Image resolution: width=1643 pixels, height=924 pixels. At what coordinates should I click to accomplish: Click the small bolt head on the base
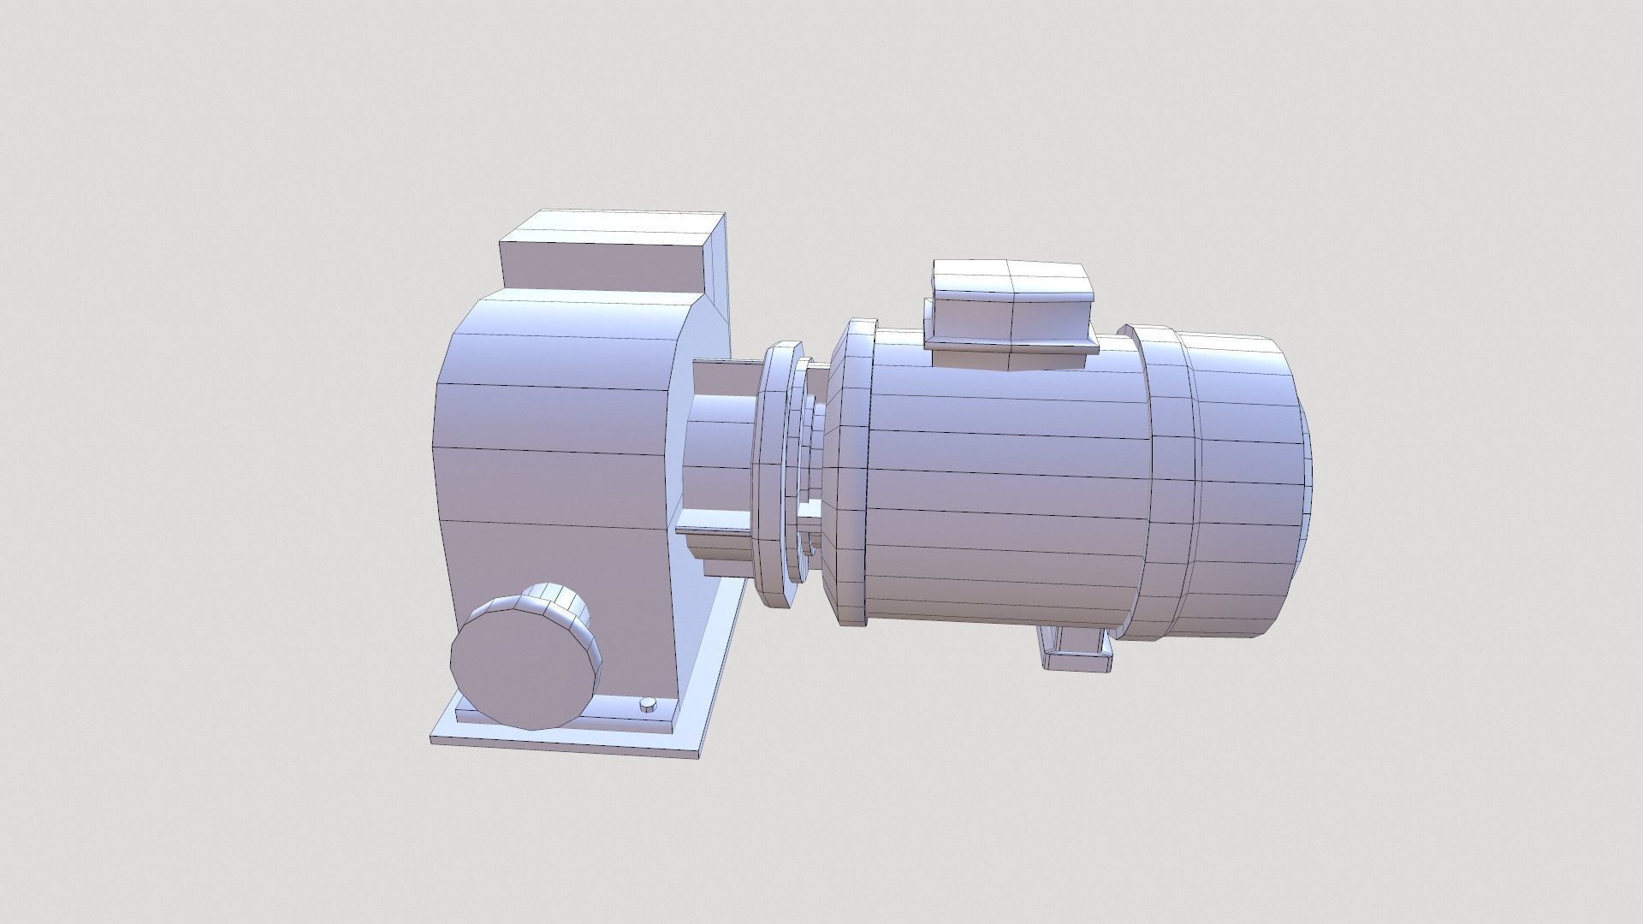[649, 681]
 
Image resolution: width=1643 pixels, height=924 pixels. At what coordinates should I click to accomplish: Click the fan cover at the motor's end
[1241, 479]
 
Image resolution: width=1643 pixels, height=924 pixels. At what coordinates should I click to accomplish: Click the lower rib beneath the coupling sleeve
[710, 535]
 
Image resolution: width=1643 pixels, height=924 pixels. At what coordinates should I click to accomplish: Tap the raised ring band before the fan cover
[1168, 479]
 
